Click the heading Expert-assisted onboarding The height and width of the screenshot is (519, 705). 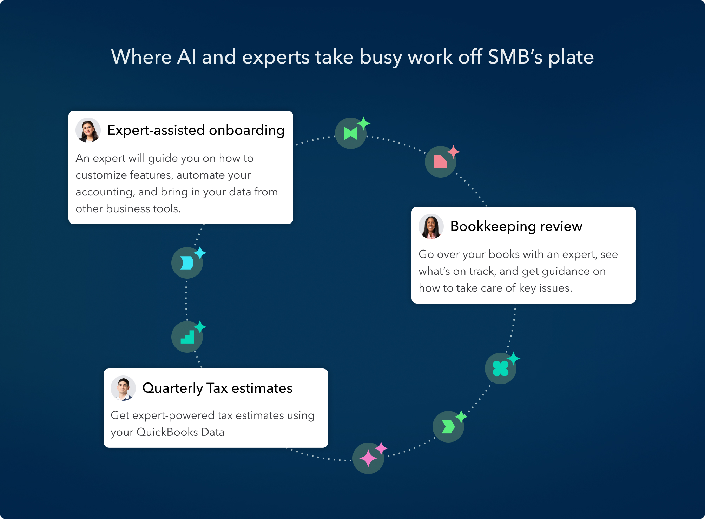point(196,130)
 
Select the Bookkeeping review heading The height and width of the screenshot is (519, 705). point(516,226)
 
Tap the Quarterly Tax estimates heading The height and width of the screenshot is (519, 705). point(217,388)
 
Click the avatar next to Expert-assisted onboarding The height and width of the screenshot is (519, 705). point(88,130)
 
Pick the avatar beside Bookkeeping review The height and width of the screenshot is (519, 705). point(431,226)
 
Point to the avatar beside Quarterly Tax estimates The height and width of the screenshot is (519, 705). point(123,388)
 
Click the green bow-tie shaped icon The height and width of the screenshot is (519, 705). point(351,134)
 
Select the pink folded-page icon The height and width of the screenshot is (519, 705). point(440,162)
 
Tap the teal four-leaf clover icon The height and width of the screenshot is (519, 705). point(500,368)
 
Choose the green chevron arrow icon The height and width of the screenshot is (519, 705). point(448,427)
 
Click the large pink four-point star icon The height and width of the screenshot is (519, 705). point(368,458)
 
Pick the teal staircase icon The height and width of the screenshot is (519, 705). point(187,337)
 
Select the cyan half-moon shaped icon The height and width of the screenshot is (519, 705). point(187,263)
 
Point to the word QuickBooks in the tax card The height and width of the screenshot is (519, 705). point(167,432)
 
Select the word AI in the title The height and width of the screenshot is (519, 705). point(186,57)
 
